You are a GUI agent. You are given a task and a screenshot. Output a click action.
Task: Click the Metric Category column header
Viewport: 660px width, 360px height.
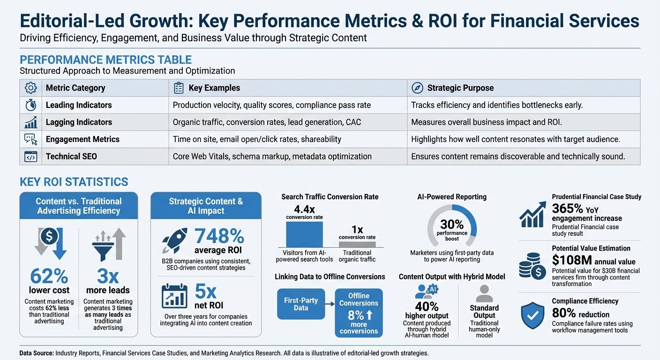[75, 88]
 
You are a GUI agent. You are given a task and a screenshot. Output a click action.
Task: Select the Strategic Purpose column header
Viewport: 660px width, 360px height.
[460, 88]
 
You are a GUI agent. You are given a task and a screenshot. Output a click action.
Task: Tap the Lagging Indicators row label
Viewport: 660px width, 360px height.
[79, 122]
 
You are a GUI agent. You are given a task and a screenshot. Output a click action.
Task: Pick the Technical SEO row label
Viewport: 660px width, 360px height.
[71, 156]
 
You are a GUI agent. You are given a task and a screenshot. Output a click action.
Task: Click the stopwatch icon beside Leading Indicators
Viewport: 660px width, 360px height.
[31, 105]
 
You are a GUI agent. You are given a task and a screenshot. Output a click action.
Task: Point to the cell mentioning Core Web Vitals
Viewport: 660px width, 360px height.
[272, 156]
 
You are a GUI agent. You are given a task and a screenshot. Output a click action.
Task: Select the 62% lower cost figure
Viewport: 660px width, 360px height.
[49, 277]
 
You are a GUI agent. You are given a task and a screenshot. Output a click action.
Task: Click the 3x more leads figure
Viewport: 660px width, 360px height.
[108, 277]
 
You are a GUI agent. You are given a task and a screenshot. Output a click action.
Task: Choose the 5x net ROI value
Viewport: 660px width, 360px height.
[205, 292]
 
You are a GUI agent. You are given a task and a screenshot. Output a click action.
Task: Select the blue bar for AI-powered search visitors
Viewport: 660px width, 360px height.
[304, 234]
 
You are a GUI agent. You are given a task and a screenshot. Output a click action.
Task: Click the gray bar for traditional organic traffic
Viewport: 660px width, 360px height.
[357, 244]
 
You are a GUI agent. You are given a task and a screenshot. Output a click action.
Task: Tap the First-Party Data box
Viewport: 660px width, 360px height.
[301, 304]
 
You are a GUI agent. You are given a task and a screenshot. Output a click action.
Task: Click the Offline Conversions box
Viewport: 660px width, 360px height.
[359, 313]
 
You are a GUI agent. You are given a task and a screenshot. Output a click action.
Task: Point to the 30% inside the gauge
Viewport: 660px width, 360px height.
[452, 225]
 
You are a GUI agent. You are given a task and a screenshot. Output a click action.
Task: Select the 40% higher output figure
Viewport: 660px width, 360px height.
[427, 307]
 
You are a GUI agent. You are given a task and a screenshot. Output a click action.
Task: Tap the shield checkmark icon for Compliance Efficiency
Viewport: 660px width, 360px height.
[532, 315]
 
